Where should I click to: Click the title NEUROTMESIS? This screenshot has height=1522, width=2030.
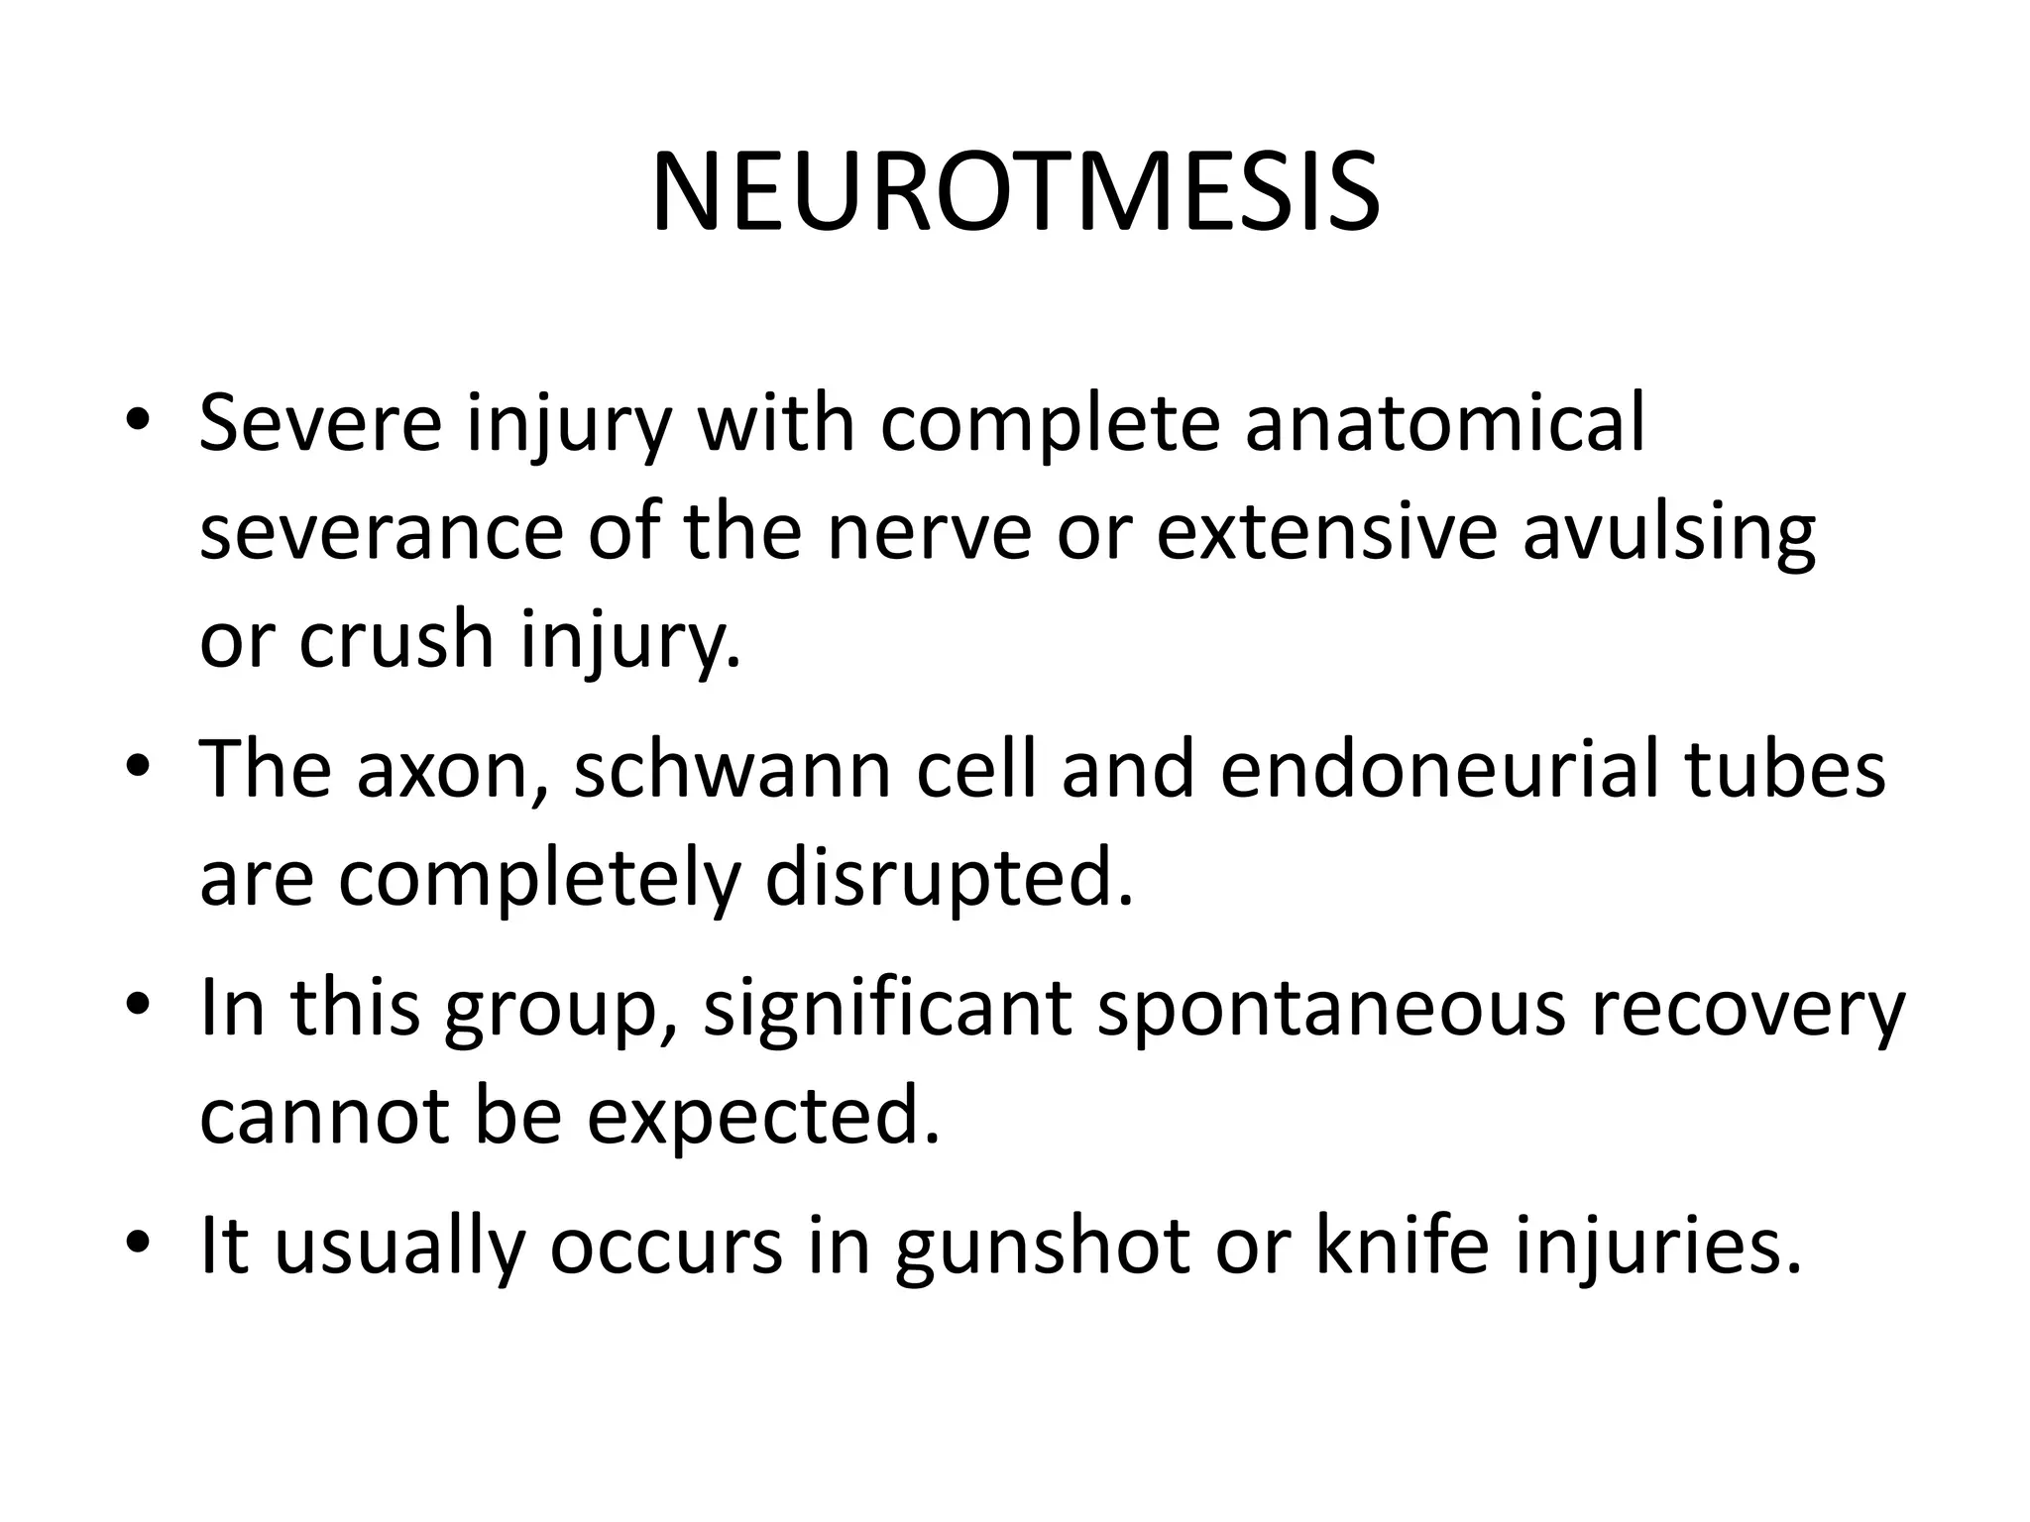1015,193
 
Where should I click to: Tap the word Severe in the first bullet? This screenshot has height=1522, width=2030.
320,423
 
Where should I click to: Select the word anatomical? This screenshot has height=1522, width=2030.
1444,423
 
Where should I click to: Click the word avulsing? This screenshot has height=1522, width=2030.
1668,532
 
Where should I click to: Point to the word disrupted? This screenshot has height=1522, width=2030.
949,879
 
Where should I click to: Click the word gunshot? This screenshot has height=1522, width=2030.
1042,1246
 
